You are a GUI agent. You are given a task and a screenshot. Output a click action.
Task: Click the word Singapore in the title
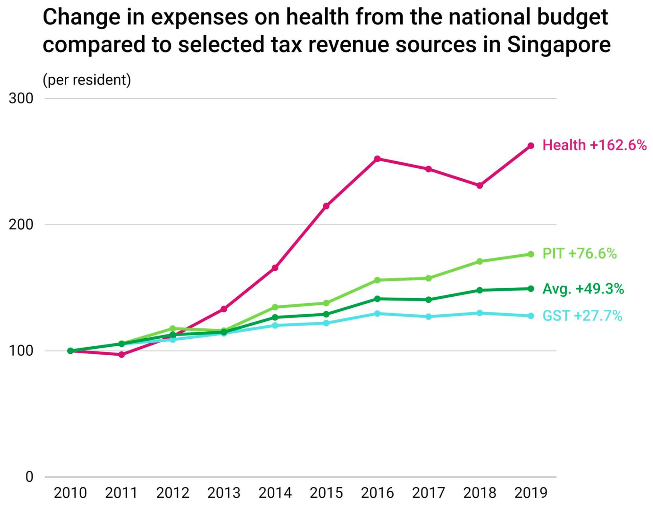click(x=558, y=44)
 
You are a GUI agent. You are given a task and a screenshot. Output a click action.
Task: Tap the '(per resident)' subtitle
click(x=87, y=80)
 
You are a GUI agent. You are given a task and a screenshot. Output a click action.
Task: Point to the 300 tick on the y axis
click(x=21, y=98)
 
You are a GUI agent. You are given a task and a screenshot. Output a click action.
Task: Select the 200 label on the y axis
click(x=21, y=225)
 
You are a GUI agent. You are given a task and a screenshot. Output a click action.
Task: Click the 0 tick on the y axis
click(x=29, y=477)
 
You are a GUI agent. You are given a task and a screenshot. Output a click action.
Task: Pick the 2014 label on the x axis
click(x=275, y=493)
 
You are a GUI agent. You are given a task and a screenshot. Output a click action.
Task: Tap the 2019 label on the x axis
click(x=531, y=493)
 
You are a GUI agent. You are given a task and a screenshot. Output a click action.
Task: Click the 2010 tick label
click(x=70, y=493)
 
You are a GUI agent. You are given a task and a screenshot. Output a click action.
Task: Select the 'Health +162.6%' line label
click(x=594, y=145)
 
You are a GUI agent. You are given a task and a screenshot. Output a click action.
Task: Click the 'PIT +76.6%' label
click(x=579, y=253)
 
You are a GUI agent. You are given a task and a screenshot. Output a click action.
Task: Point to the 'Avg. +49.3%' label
click(x=583, y=289)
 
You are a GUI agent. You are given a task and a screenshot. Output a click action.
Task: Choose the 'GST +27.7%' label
click(x=582, y=316)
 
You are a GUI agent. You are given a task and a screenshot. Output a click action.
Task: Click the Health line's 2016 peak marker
click(x=378, y=159)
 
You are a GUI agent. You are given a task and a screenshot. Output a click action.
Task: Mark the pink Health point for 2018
click(x=480, y=186)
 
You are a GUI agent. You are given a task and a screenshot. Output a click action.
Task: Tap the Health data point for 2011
click(x=122, y=355)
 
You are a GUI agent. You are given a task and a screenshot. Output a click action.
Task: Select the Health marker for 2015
click(x=326, y=206)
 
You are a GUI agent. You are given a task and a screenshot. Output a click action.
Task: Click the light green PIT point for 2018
click(x=480, y=262)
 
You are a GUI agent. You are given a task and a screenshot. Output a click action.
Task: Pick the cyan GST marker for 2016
click(x=378, y=314)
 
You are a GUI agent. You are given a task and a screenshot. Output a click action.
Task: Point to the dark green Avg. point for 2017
click(x=428, y=300)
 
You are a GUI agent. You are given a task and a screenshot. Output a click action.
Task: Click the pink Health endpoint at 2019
click(x=531, y=146)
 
